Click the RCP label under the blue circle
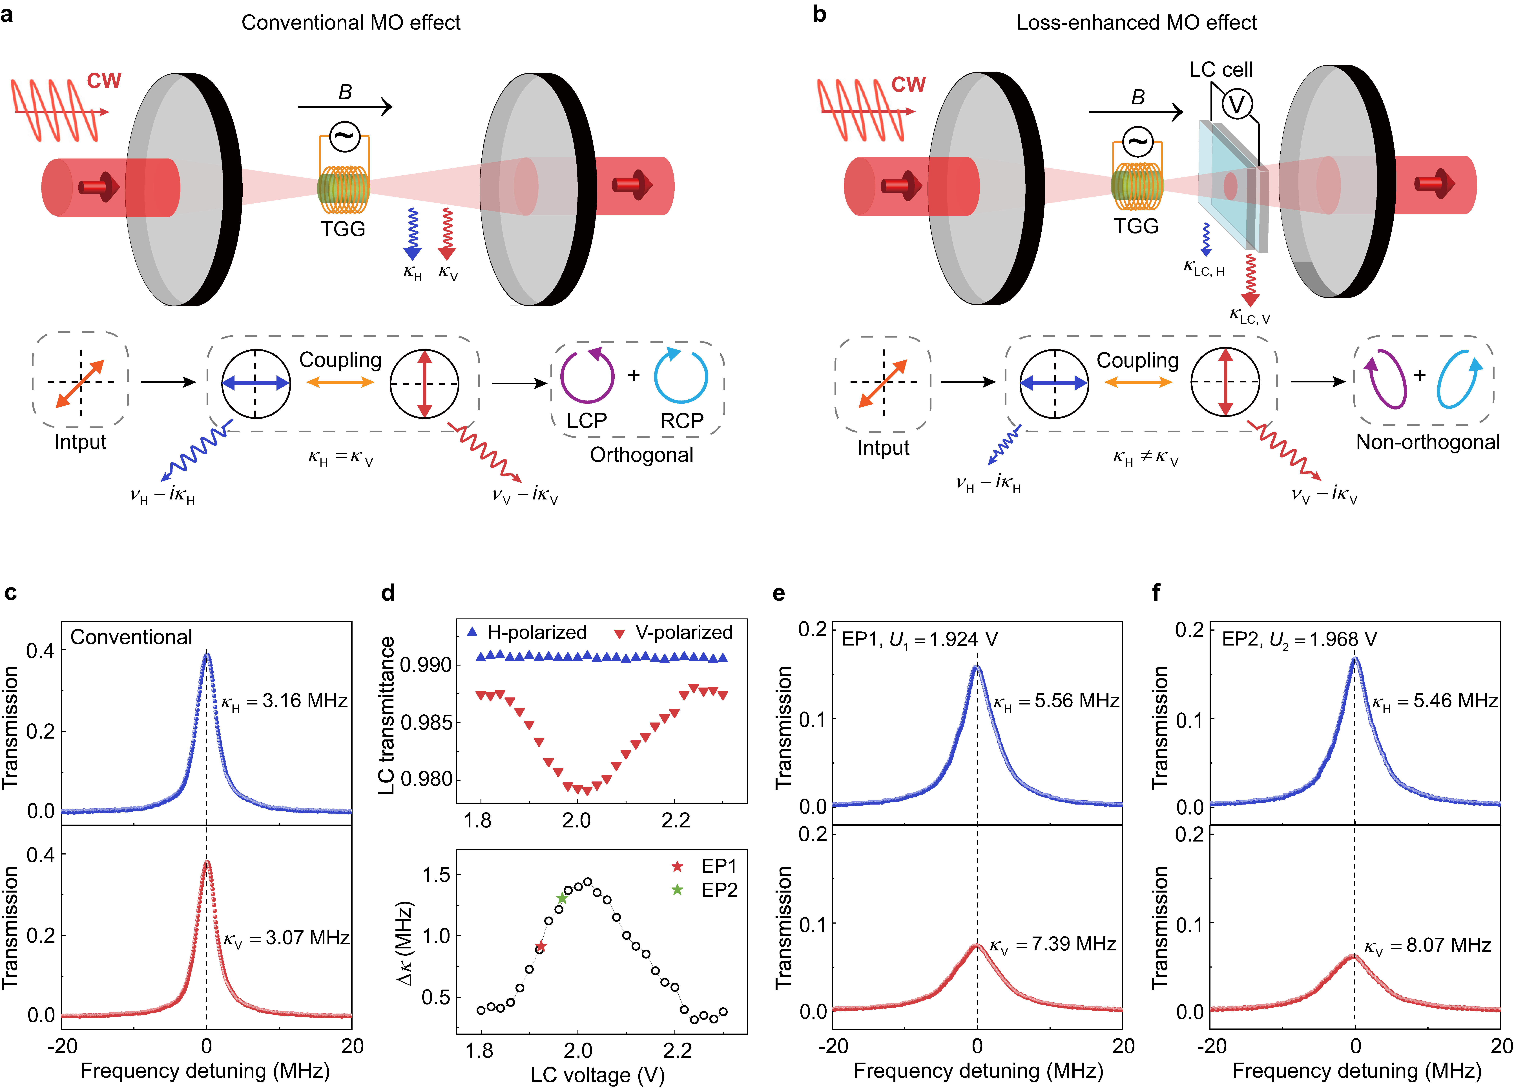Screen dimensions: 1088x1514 click(681, 421)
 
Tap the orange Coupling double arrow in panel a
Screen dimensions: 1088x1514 click(340, 382)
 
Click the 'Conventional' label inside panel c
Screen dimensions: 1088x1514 click(132, 637)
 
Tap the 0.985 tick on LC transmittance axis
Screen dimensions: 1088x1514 click(426, 723)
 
